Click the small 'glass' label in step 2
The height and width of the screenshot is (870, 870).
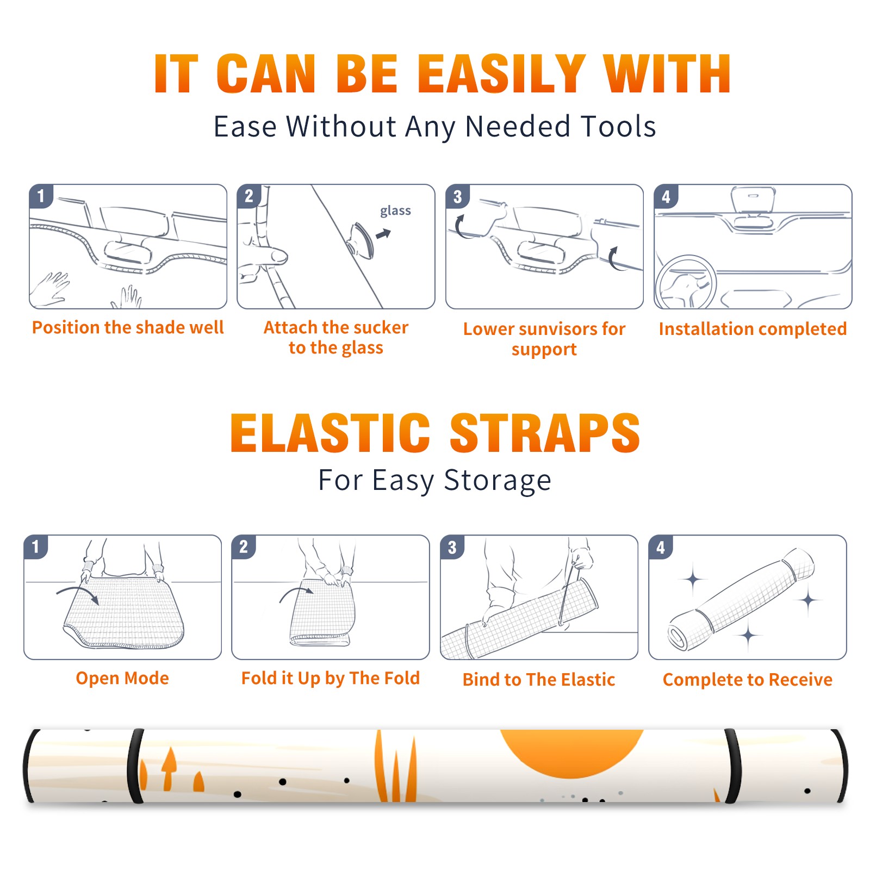click(395, 211)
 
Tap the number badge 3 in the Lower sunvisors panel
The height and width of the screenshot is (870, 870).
click(457, 196)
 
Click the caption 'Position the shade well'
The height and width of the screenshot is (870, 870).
click(128, 327)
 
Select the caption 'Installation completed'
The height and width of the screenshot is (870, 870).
click(753, 328)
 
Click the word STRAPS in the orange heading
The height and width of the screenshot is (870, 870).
click(545, 433)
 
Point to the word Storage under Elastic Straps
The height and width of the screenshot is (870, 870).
click(498, 481)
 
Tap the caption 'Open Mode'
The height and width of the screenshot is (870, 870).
click(122, 678)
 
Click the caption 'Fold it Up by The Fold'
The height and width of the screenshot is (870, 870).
click(331, 678)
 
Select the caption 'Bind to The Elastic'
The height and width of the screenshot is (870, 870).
click(539, 679)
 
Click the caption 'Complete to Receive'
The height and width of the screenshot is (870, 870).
click(748, 679)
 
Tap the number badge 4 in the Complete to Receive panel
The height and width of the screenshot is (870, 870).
click(661, 547)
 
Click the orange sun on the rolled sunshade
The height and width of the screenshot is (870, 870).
click(571, 753)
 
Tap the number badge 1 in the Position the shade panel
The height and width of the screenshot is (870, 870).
click(41, 196)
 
